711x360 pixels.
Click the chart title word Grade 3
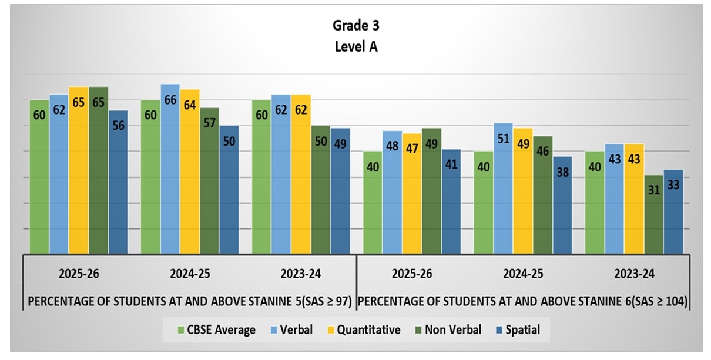[x=355, y=25]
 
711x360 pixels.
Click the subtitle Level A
[x=355, y=47]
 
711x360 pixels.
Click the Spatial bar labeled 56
[x=118, y=182]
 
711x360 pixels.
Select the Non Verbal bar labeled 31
[x=653, y=214]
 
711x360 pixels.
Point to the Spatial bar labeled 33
[x=673, y=211]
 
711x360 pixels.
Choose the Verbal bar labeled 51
[x=503, y=189]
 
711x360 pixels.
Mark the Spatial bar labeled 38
[x=562, y=205]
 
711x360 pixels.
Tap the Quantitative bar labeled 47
[x=411, y=194]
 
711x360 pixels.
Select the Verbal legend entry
[x=291, y=330]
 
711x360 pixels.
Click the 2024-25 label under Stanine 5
[x=189, y=274]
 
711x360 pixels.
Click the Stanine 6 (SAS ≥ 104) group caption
[x=524, y=302]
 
